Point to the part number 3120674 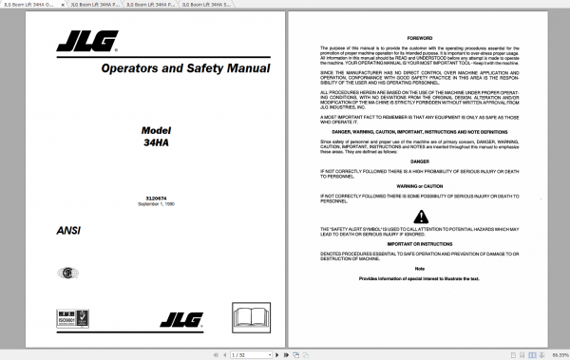point(143,198)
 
